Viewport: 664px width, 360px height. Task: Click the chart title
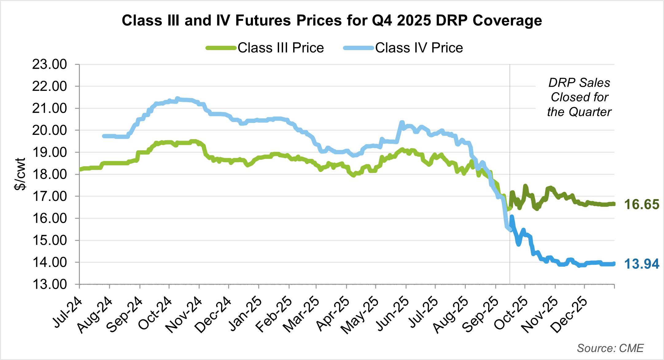click(x=332, y=21)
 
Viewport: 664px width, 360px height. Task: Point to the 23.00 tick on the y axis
click(x=49, y=65)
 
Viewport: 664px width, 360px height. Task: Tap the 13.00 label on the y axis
click(x=49, y=284)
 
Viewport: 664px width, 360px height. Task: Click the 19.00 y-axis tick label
click(x=49, y=152)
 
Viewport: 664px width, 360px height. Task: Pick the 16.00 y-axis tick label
click(x=49, y=218)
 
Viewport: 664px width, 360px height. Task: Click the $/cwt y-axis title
click(x=20, y=174)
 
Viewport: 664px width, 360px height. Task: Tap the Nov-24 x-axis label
click(x=184, y=315)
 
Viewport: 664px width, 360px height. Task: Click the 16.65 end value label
click(x=642, y=205)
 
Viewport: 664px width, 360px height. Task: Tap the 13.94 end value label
click(x=642, y=264)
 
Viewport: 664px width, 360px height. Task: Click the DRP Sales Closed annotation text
click(x=579, y=97)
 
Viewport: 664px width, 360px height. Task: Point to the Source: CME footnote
click(x=610, y=348)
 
